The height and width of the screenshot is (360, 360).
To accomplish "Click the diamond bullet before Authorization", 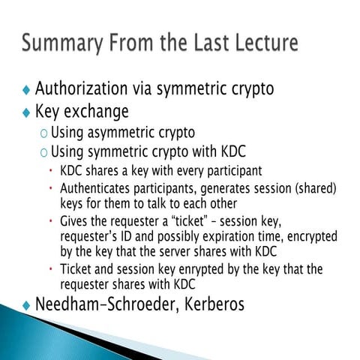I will point(27,91).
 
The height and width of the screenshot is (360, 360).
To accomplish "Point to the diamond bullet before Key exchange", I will point(27,113).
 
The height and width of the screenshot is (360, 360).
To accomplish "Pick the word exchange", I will point(97,112).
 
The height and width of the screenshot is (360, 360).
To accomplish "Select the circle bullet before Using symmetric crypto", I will point(44,153).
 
